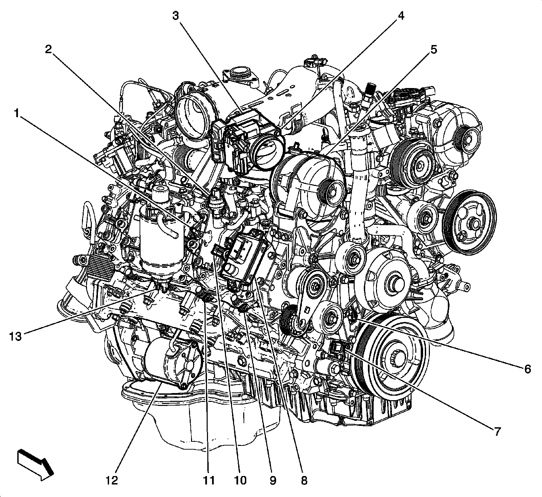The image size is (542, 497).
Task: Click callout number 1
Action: [x=16, y=114]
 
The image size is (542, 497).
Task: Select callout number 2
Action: [x=48, y=50]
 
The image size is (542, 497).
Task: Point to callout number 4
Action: [x=401, y=16]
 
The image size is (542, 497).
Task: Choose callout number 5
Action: [x=433, y=50]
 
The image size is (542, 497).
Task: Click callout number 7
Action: [x=497, y=432]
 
